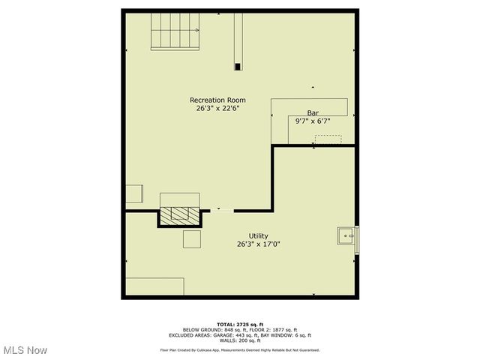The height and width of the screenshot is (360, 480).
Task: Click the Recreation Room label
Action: [x=217, y=100]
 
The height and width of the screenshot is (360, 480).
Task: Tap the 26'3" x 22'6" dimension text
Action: [x=217, y=108]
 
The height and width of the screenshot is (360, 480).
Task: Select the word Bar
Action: [x=313, y=112]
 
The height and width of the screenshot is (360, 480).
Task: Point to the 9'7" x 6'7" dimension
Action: [x=313, y=120]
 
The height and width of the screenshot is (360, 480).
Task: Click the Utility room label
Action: [x=258, y=235]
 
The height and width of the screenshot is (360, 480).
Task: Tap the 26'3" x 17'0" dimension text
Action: [x=259, y=244]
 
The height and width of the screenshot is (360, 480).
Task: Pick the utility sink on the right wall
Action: [x=347, y=235]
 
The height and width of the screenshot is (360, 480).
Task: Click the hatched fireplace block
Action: [x=179, y=215]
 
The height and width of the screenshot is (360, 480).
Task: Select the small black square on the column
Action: [x=238, y=67]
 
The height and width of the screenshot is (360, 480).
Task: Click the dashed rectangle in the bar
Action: [x=328, y=139]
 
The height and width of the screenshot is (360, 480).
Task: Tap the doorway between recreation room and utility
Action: [x=220, y=211]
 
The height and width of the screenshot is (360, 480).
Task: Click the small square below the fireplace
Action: [x=192, y=240]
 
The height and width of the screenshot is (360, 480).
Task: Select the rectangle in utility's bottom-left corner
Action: [x=154, y=286]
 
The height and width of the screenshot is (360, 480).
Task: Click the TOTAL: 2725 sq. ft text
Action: [x=240, y=324]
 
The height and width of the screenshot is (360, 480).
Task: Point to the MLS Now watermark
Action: [x=25, y=350]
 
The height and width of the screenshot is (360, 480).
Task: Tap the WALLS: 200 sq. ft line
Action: [x=239, y=341]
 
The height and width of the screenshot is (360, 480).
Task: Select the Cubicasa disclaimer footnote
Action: [x=240, y=349]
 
